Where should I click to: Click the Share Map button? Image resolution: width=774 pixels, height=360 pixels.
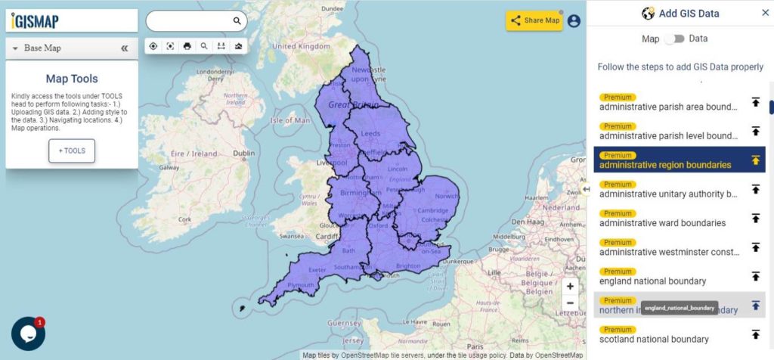(x=534, y=20)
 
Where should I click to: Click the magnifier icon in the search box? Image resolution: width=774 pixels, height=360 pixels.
(x=237, y=21)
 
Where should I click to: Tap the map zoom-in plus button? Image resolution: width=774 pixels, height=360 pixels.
(x=570, y=287)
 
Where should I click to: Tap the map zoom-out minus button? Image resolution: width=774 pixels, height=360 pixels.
(x=570, y=303)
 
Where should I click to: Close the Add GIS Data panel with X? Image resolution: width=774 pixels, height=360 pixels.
(x=765, y=13)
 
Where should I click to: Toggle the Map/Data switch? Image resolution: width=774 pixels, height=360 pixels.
(x=674, y=39)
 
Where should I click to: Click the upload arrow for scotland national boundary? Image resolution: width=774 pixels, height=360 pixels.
(x=755, y=334)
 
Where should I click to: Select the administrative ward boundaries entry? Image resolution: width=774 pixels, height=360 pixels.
(x=662, y=223)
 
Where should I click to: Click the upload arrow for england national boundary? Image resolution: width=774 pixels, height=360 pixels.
(x=755, y=276)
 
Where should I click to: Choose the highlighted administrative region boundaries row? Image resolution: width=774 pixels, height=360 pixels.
(x=665, y=165)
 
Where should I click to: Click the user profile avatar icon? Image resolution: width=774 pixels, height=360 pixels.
(x=574, y=21)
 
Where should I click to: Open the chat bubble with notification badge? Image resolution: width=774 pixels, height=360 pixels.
(x=28, y=334)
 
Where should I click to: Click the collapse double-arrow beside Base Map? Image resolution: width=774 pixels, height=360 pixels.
(x=125, y=48)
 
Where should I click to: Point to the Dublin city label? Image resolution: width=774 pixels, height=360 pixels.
(x=243, y=153)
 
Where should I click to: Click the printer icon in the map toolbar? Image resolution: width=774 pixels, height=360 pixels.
(x=187, y=46)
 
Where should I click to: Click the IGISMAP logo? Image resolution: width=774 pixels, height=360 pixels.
(x=36, y=21)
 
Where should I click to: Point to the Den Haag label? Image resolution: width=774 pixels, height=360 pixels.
(x=528, y=222)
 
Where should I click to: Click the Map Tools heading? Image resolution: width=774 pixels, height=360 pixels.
(x=72, y=79)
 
